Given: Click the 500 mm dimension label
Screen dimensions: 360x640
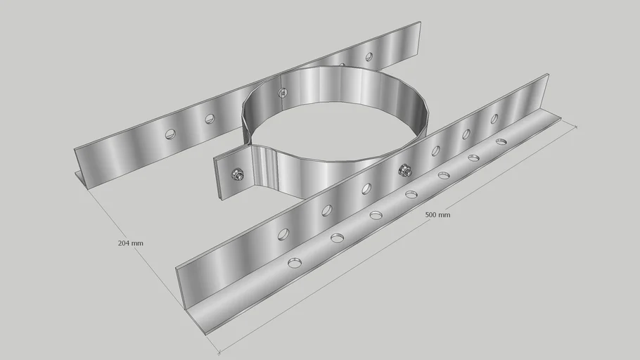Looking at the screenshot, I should coord(437,214).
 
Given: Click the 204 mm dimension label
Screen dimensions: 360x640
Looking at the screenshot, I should coord(130,243).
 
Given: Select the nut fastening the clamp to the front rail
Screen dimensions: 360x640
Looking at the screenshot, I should coord(404,169).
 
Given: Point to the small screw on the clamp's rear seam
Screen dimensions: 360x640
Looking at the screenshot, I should coord(283,92).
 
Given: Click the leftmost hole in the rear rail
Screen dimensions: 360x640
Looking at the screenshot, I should coord(170,134).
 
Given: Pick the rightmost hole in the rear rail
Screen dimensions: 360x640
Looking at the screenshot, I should coord(368,56).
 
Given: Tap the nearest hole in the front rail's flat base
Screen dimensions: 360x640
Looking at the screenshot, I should coord(294,263).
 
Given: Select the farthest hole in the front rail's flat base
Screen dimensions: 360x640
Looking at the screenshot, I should coord(501,142).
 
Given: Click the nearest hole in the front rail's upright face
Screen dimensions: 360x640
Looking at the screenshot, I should coord(283,234).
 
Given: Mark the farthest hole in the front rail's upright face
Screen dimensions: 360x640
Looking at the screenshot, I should coord(494,119).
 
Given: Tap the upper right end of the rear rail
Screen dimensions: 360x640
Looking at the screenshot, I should coord(419,23).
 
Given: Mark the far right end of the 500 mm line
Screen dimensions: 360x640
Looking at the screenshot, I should coord(577,127).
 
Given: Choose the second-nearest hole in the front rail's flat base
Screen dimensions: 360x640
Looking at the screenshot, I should coord(337,238).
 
